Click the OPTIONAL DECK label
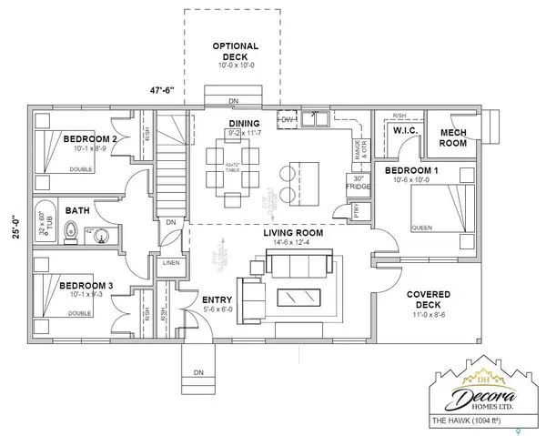pyautogui.click(x=236, y=51)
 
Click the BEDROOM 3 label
pyautogui.click(x=86, y=286)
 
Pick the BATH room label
pyautogui.click(x=77, y=210)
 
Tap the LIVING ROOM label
pyautogui.click(x=283, y=233)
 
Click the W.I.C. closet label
pyautogui.click(x=405, y=133)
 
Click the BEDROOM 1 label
pyautogui.click(x=411, y=171)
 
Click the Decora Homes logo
pyautogui.click(x=479, y=389)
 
